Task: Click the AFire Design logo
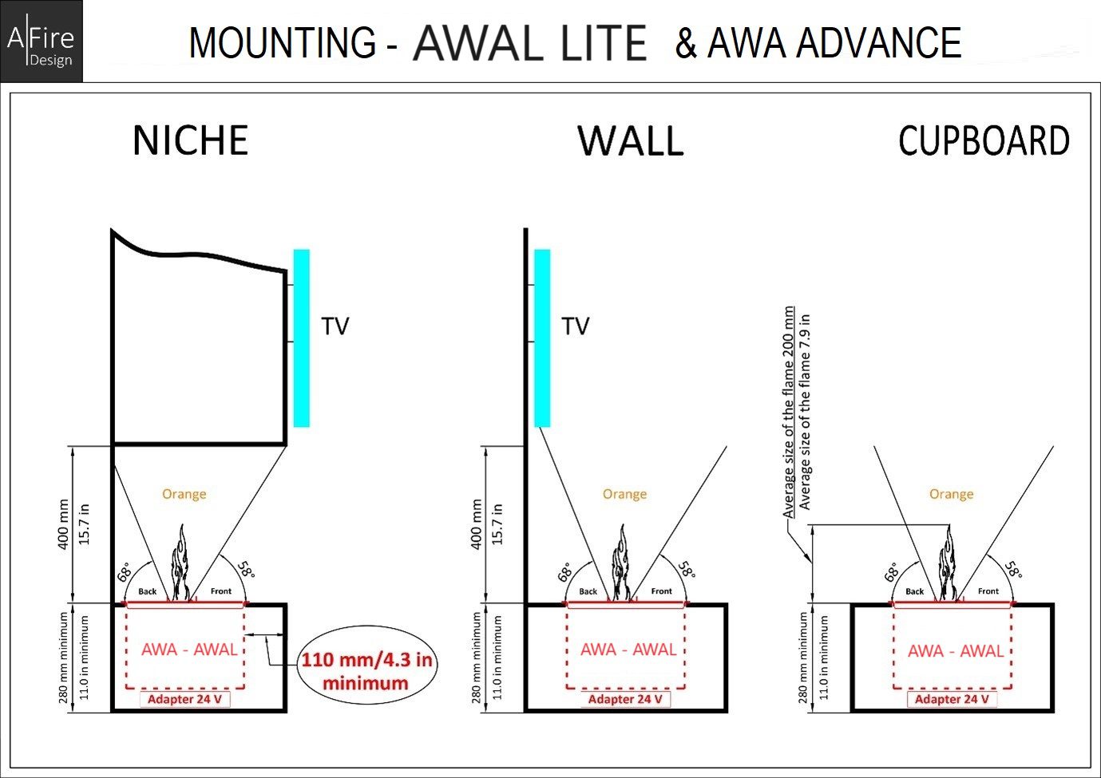[x=41, y=41]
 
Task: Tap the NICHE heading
[x=190, y=140]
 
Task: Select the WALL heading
[x=631, y=140]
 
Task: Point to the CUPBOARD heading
[x=984, y=141]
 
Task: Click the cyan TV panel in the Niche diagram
[x=301, y=338]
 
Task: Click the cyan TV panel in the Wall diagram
[x=542, y=338]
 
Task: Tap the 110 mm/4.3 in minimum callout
[x=366, y=671]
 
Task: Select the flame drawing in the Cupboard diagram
[x=949, y=563]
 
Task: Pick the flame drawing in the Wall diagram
[x=621, y=563]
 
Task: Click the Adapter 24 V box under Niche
[x=184, y=699]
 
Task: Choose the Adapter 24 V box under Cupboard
[x=951, y=699]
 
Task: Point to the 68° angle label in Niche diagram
[x=125, y=572]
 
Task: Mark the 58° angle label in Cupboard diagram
[x=1012, y=570]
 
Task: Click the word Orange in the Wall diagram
[x=624, y=494]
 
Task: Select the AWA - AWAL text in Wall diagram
[x=628, y=650]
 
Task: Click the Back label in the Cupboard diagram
[x=914, y=591]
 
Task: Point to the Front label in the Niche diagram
[x=221, y=591]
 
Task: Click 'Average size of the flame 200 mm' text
[x=789, y=412]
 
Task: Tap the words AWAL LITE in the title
[x=529, y=43]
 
